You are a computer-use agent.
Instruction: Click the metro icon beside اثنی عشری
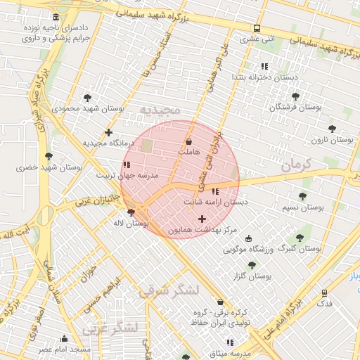(257, 29)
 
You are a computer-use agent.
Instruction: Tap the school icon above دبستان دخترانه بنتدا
(264, 67)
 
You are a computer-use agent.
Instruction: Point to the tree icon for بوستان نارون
(332, 129)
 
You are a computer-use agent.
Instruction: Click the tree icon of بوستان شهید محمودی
(87, 98)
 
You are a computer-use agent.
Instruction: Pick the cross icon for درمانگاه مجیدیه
(108, 132)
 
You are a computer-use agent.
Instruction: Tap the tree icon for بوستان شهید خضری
(48, 157)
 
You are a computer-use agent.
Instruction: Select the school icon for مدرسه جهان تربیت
(127, 165)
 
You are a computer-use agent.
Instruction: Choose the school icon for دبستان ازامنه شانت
(215, 191)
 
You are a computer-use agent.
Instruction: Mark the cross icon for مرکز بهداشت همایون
(202, 219)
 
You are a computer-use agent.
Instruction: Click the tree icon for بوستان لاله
(131, 212)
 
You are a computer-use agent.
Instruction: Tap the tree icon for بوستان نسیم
(302, 197)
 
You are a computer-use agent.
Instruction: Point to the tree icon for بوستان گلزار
(252, 265)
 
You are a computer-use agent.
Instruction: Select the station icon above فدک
(324, 292)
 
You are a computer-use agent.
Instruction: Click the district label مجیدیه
(160, 110)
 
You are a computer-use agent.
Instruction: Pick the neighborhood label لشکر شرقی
(169, 290)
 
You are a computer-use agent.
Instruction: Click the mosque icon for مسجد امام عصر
(65, 338)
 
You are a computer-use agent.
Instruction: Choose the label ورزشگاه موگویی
(245, 249)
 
